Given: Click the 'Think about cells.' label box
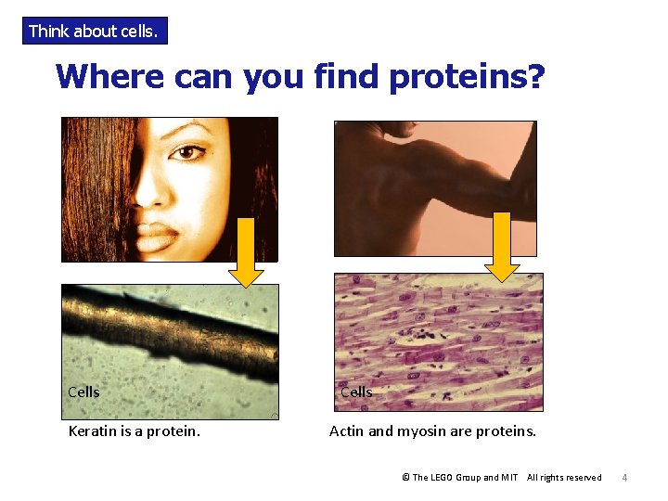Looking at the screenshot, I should [95, 32].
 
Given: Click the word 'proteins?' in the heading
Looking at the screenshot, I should [467, 77].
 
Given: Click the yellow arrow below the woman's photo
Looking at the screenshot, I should [246, 252].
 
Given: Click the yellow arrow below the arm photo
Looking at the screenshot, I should [502, 246].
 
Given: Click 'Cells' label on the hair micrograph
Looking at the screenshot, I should [83, 392].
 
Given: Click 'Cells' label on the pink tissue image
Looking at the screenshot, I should [356, 392].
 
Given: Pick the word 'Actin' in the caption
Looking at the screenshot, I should [348, 431].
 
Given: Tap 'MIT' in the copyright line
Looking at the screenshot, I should [509, 478].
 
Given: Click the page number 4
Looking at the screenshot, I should [624, 478].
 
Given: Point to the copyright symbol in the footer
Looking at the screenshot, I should [405, 478].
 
